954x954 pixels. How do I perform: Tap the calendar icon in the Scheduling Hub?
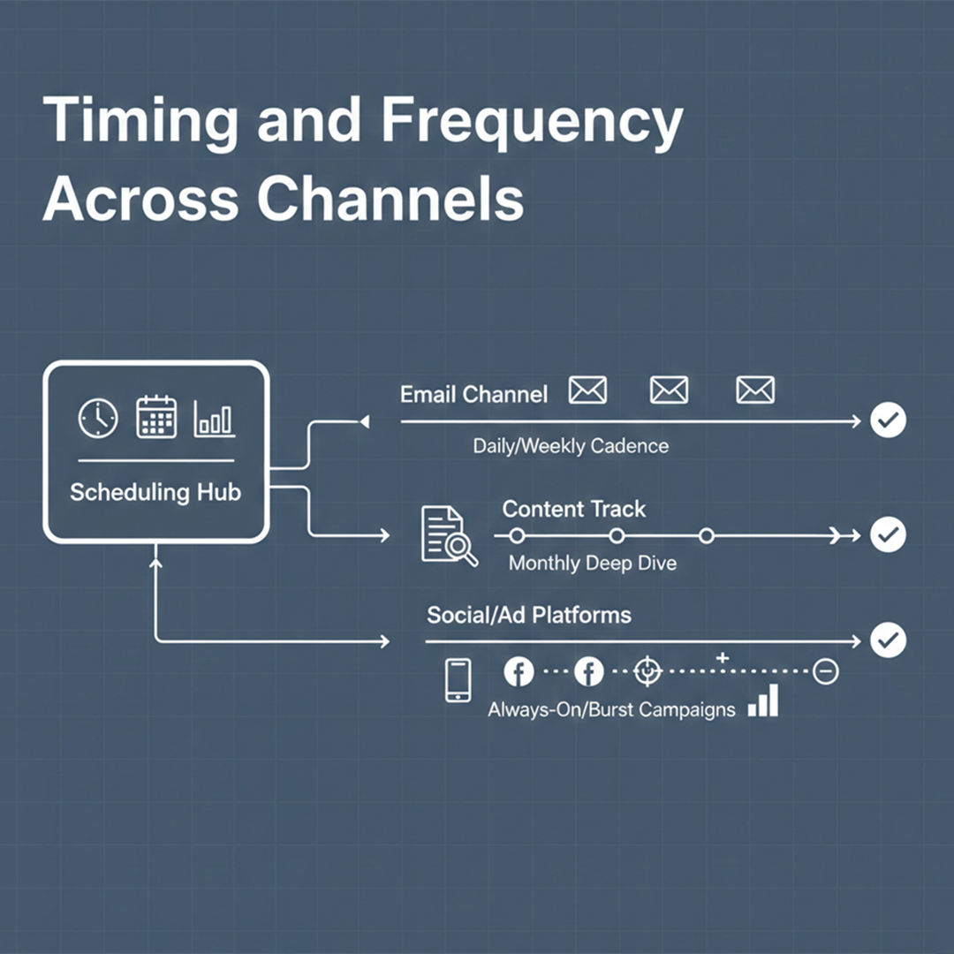(x=156, y=417)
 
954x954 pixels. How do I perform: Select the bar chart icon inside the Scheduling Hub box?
(x=214, y=419)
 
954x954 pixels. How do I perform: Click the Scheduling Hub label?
(x=155, y=492)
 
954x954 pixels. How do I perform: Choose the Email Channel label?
(x=473, y=394)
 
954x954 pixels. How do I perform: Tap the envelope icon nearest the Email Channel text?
(x=587, y=390)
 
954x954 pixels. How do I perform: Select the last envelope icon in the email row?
(x=755, y=390)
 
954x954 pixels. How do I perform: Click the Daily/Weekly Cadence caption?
(x=571, y=446)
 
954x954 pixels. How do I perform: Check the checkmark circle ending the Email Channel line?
(x=888, y=422)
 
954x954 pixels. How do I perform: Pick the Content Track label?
(x=574, y=509)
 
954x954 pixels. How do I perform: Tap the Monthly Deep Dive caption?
(x=593, y=563)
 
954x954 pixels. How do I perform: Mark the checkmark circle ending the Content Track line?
(x=888, y=534)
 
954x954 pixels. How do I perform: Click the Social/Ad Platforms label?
(x=529, y=615)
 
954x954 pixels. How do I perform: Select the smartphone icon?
(x=458, y=680)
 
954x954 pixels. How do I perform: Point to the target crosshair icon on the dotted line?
(x=648, y=672)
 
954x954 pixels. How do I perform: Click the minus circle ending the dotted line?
(x=826, y=672)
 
